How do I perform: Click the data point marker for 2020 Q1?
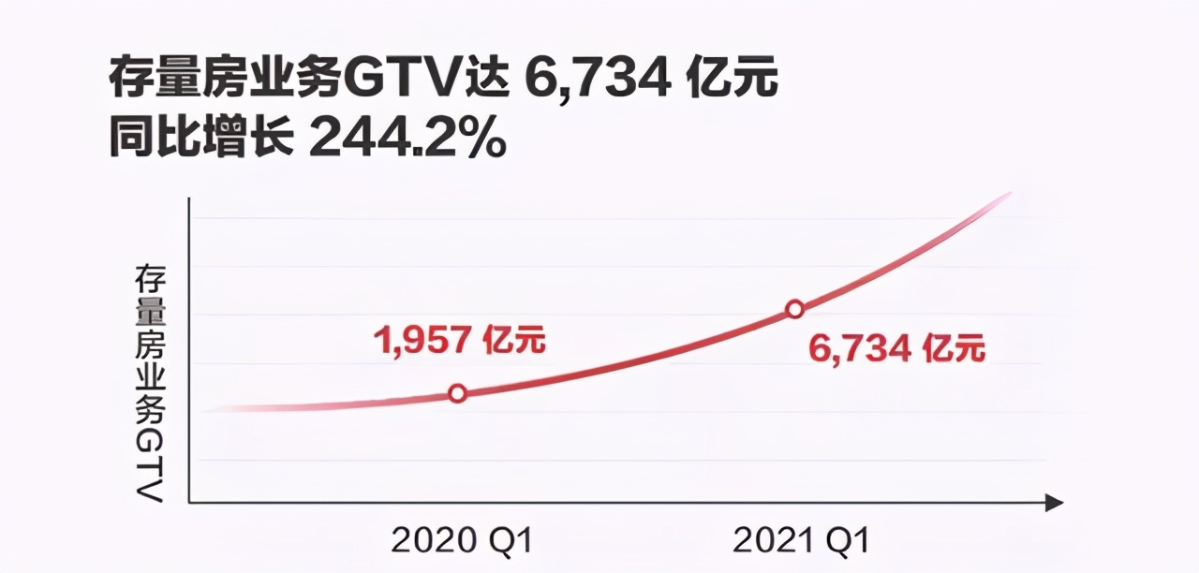(457, 393)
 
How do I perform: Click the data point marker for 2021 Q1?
(794, 309)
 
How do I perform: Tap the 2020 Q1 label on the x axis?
(461, 541)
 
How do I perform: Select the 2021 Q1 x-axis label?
(802, 541)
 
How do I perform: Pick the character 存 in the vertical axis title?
(150, 279)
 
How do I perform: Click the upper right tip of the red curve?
(1010, 194)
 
